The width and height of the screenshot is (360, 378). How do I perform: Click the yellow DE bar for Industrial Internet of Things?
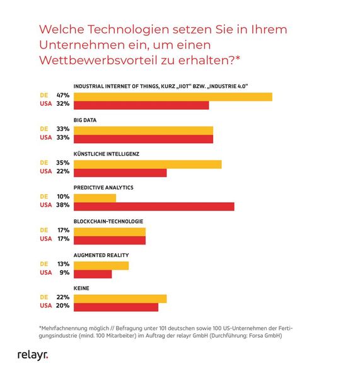point(173,96)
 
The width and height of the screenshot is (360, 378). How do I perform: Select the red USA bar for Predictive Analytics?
point(154,206)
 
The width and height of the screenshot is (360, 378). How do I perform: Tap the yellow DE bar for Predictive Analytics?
point(95,197)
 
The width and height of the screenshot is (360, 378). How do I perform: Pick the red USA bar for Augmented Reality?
point(93,273)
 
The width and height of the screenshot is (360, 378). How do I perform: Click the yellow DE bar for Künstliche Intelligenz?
point(148,164)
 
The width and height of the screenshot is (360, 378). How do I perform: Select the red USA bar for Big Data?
point(143,139)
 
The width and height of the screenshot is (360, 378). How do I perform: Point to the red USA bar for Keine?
point(116,307)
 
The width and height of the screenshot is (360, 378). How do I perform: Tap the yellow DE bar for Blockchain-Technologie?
point(110,231)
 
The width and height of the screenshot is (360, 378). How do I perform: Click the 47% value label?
point(62,96)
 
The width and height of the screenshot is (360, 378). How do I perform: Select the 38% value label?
point(62,205)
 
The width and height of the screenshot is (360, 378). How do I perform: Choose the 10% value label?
point(62,197)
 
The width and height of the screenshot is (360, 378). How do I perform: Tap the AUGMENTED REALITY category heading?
point(101,255)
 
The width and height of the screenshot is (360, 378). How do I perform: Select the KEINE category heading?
point(81,289)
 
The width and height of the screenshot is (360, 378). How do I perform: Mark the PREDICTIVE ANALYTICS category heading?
point(103,188)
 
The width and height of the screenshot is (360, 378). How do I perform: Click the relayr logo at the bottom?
point(32,355)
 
